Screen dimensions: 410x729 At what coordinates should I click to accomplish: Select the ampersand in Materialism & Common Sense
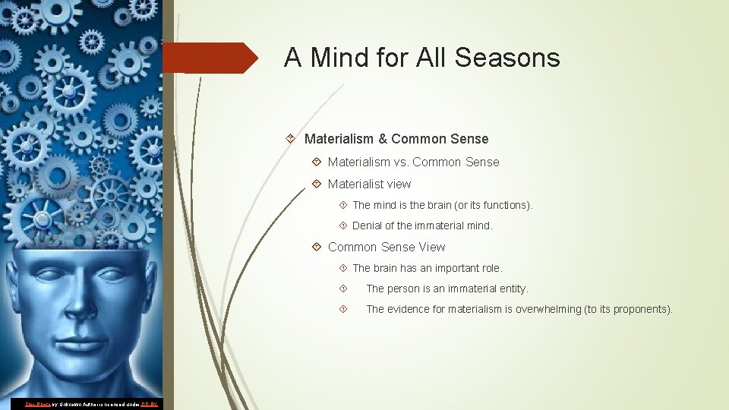383,139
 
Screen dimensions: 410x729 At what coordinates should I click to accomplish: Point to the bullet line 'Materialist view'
369,184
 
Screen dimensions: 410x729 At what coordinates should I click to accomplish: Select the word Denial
368,225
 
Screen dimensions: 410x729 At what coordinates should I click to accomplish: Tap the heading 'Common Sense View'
387,247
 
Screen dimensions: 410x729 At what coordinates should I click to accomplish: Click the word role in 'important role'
491,268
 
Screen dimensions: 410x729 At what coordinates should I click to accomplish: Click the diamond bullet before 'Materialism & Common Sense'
292,139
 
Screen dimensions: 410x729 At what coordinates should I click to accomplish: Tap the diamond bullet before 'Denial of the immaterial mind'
343,225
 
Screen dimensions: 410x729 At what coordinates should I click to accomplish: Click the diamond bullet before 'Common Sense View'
316,247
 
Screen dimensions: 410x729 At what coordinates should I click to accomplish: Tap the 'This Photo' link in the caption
38,404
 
